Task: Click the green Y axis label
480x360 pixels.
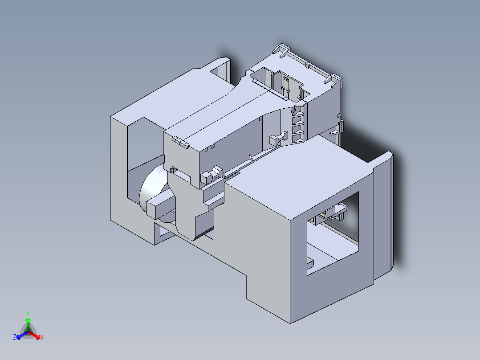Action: pos(28,313)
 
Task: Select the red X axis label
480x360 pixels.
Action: pos(42,338)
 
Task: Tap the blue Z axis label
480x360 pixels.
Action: pos(15,338)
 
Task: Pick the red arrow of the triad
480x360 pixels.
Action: pos(35,335)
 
